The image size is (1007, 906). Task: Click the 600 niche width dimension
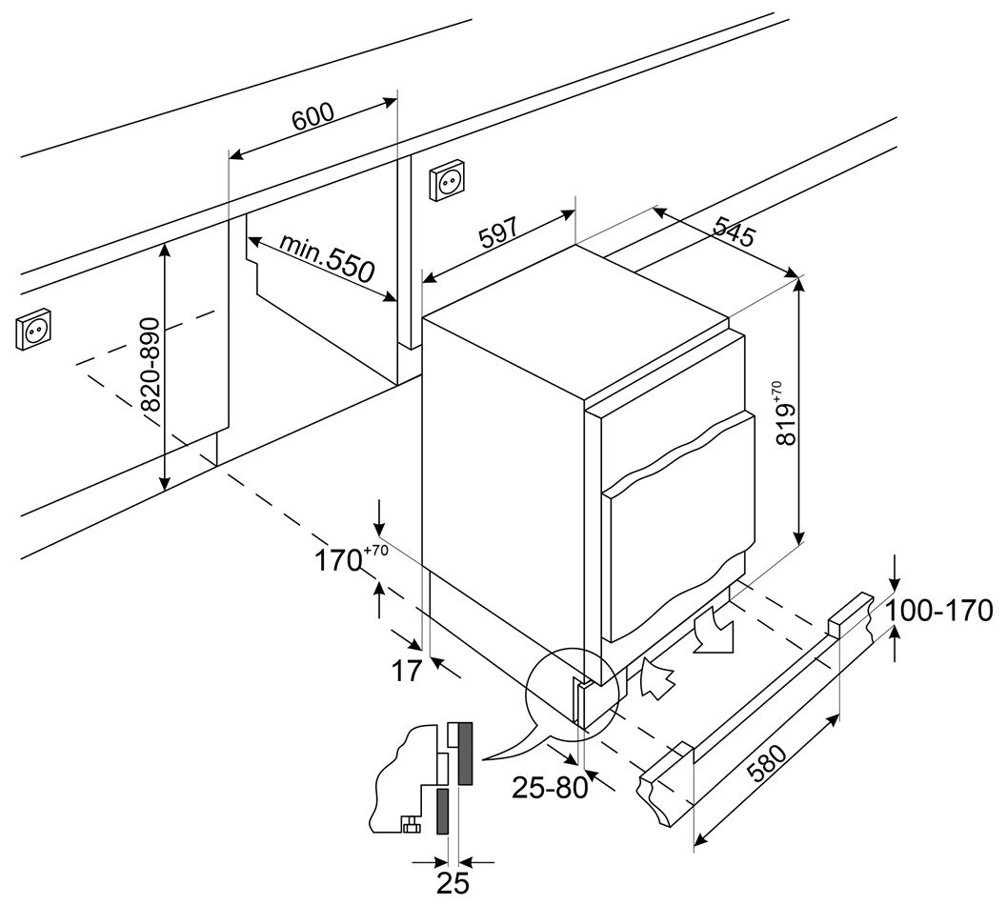(x=312, y=115)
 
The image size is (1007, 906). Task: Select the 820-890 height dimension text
(x=151, y=365)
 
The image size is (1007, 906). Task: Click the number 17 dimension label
(x=406, y=671)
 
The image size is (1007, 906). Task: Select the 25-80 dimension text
(x=549, y=788)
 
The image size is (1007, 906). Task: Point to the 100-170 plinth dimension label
(x=939, y=610)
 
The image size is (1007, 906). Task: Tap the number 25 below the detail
(x=453, y=883)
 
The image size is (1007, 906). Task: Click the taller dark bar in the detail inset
(x=465, y=753)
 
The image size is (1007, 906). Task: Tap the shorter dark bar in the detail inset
(x=443, y=811)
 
